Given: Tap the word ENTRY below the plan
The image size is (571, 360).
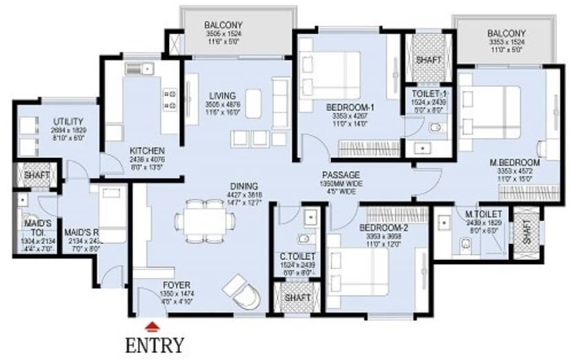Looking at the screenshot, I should (154, 344).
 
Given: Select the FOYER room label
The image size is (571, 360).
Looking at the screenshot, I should (177, 285).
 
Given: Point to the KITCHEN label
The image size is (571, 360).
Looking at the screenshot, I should (147, 150).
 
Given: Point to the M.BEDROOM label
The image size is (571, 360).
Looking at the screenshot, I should (514, 163).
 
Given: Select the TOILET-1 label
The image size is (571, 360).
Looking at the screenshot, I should (426, 93).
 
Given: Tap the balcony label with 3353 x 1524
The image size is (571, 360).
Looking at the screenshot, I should (506, 34).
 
